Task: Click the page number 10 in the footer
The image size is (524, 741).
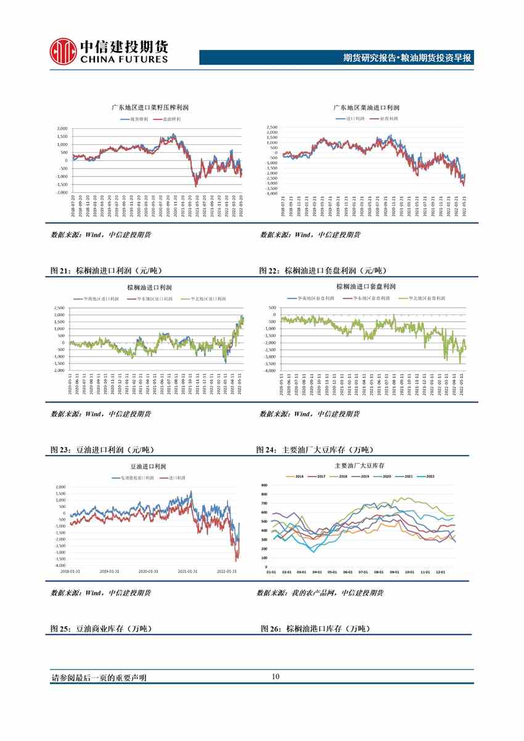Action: coord(276,677)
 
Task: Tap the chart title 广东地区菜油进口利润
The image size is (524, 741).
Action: coord(366,107)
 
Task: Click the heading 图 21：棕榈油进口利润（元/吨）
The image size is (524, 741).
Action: coord(107,271)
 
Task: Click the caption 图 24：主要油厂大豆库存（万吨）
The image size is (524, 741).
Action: coord(314,450)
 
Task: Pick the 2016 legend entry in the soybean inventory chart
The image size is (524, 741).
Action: coord(296,477)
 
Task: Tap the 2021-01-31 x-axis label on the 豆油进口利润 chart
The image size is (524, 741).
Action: coord(187,571)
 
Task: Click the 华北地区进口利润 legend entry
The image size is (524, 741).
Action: coord(206,299)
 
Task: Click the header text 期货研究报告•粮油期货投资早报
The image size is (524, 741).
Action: coord(407,59)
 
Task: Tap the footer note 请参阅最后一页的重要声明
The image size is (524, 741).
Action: coord(99,678)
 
